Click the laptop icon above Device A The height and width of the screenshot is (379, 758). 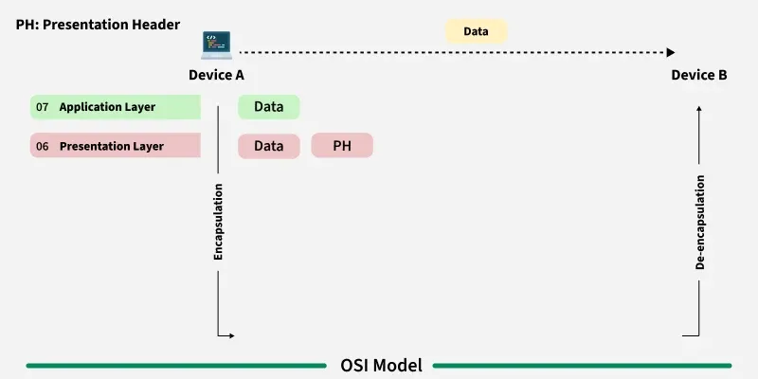click(217, 45)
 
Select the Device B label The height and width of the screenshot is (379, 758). click(699, 75)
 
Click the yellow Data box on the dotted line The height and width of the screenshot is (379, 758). click(476, 31)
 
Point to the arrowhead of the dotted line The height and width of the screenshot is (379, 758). click(671, 53)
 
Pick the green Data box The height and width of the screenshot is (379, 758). click(268, 107)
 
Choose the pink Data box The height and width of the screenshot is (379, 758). click(268, 146)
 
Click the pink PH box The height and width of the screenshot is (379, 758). click(341, 146)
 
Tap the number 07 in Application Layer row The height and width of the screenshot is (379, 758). click(43, 108)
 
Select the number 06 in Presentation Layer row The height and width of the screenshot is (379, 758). click(43, 147)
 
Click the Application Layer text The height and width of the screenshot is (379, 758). click(107, 108)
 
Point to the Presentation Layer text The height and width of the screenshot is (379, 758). click(112, 147)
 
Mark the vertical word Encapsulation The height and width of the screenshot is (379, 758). click(218, 222)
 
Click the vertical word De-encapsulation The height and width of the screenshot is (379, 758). click(700, 223)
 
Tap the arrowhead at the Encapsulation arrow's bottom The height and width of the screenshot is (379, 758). click(229, 335)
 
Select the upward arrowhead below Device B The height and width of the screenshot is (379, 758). click(699, 109)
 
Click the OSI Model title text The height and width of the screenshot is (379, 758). click(381, 365)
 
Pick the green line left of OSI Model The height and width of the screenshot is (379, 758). click(175, 365)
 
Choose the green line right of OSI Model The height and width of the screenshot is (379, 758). click(582, 365)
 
